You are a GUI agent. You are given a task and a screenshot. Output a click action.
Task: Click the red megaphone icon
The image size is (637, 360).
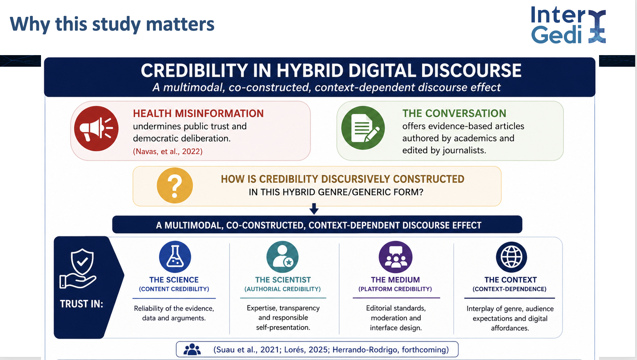[96, 129]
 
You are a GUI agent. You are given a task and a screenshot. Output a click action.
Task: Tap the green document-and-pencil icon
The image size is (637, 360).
[363, 128]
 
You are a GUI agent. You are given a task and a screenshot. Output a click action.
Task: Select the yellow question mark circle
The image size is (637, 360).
[175, 186]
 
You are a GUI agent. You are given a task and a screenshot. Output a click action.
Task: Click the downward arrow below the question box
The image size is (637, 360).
[314, 209]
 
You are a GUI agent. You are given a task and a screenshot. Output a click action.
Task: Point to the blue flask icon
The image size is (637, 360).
[175, 257]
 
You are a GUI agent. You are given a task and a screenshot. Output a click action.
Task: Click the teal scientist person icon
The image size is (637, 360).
[282, 257]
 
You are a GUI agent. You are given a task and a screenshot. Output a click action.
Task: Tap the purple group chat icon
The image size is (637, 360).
[396, 257]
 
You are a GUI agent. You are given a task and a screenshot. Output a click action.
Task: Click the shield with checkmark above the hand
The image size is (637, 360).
[82, 262]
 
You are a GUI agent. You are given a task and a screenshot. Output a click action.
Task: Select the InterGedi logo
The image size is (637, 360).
[568, 25]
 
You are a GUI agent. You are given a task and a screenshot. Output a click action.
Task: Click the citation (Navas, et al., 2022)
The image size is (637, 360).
[168, 152]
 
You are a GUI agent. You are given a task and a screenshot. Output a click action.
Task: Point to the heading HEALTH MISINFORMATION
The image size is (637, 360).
[198, 114]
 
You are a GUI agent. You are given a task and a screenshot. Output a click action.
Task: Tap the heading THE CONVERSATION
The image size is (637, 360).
[454, 113]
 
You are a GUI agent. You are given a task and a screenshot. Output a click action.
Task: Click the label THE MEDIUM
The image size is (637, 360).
[395, 280]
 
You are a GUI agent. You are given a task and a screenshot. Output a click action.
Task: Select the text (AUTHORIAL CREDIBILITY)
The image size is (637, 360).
[282, 289]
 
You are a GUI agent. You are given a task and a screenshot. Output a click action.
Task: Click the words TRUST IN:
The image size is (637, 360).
[81, 304]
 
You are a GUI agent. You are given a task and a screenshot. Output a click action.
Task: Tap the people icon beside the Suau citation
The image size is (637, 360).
[192, 349]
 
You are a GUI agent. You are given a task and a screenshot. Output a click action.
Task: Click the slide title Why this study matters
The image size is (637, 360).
[112, 24]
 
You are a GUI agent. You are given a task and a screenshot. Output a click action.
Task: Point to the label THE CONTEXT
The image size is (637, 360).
[510, 280]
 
